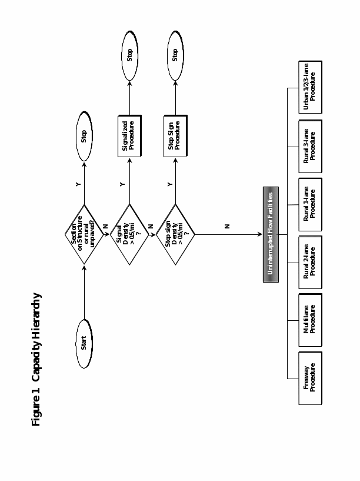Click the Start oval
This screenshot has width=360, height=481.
[x=84, y=343]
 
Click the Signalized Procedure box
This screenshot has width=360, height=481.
[x=129, y=136]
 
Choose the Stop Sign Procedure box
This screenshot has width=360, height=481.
[x=175, y=136]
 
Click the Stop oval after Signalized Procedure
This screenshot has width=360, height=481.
[x=129, y=55]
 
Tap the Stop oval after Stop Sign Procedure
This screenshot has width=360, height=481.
[x=175, y=55]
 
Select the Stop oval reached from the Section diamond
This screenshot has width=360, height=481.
[x=84, y=136]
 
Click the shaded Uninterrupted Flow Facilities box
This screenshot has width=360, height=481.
[x=271, y=234]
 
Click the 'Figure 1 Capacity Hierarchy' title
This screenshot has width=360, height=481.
[x=36, y=359]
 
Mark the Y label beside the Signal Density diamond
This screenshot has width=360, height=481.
[x=122, y=184]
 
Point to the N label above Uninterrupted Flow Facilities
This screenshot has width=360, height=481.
[x=227, y=226]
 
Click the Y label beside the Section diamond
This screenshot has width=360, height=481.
[x=78, y=184]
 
